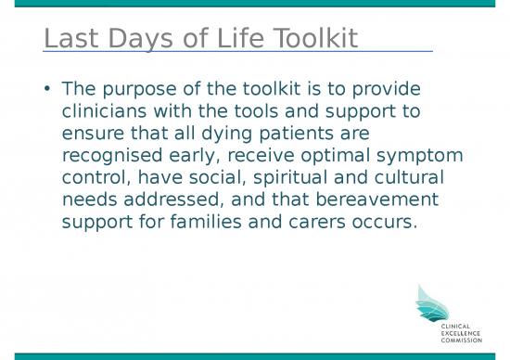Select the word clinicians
coord(107,111)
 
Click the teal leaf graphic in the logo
coord(434,302)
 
